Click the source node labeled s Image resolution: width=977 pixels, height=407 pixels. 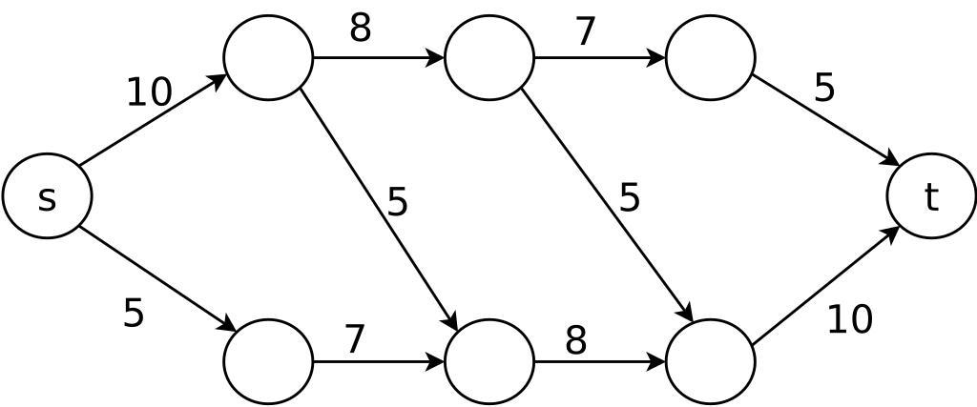click(47, 196)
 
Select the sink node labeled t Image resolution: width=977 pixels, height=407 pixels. click(931, 196)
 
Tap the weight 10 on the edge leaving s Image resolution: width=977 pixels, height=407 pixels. click(149, 92)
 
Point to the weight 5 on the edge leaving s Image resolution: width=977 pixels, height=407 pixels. click(134, 313)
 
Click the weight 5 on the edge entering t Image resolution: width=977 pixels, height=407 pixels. click(824, 88)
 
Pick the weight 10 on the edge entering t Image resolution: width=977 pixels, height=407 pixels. click(849, 320)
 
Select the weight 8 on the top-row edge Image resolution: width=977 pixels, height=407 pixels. click(360, 29)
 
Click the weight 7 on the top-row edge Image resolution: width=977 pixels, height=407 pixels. click(585, 31)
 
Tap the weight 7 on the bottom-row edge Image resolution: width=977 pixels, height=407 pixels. click(354, 338)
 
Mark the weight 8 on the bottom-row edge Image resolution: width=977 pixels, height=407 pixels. click(575, 339)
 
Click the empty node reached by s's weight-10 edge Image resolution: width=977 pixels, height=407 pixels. click(268, 57)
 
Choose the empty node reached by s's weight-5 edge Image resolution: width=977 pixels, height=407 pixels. click(268, 362)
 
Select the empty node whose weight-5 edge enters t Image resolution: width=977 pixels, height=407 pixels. click(711, 57)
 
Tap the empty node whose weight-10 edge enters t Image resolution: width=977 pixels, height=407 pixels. click(711, 362)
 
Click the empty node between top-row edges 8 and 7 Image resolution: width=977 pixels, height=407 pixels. click(489, 57)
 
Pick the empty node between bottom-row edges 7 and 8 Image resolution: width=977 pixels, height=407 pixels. click(489, 362)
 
